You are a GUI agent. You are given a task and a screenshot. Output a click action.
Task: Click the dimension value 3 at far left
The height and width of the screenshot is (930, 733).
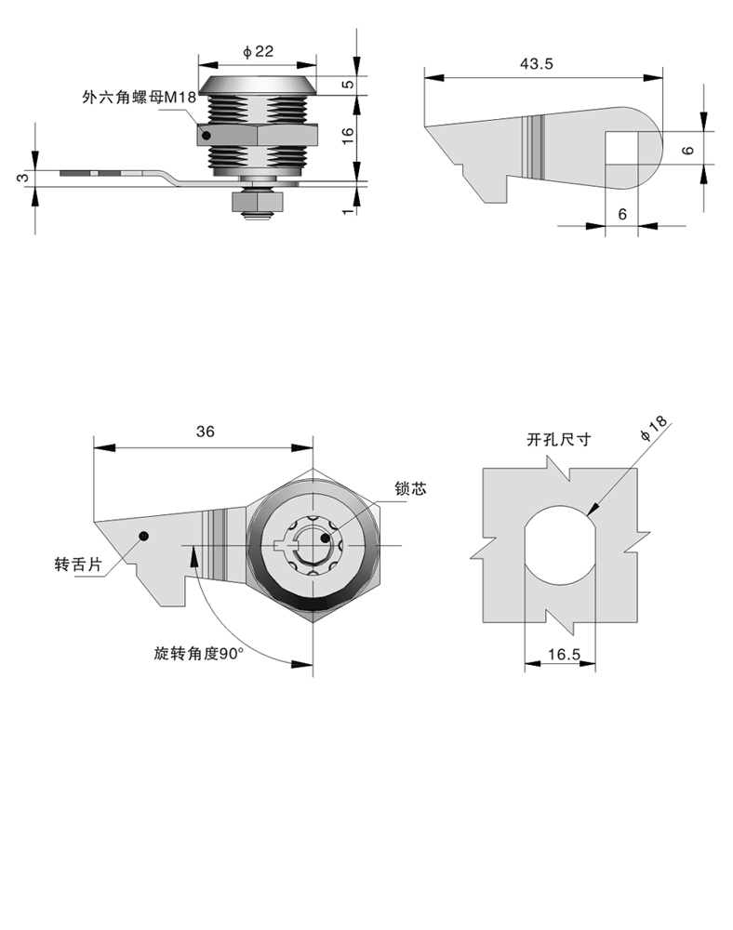(x=24, y=176)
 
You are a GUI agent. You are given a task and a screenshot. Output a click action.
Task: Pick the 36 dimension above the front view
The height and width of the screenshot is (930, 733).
(x=206, y=431)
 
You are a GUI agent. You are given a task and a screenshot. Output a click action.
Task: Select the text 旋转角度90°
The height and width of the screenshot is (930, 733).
(x=198, y=653)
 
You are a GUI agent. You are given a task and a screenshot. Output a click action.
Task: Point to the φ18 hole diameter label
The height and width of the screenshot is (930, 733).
(x=654, y=432)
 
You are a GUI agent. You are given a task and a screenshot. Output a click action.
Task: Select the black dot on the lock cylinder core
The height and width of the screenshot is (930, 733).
(x=325, y=537)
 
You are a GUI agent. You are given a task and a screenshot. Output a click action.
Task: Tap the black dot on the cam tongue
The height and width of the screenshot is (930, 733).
(x=144, y=535)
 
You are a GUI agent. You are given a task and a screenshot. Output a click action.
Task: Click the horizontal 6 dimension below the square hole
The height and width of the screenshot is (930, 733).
(x=622, y=214)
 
